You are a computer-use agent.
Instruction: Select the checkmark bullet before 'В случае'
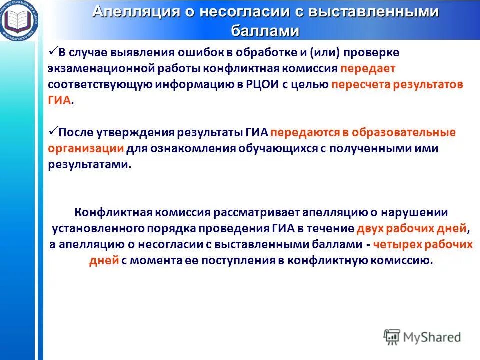53,52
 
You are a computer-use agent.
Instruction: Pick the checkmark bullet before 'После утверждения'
53,132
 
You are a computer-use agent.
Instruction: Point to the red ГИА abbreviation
59,100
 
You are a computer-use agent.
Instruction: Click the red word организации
86,148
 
